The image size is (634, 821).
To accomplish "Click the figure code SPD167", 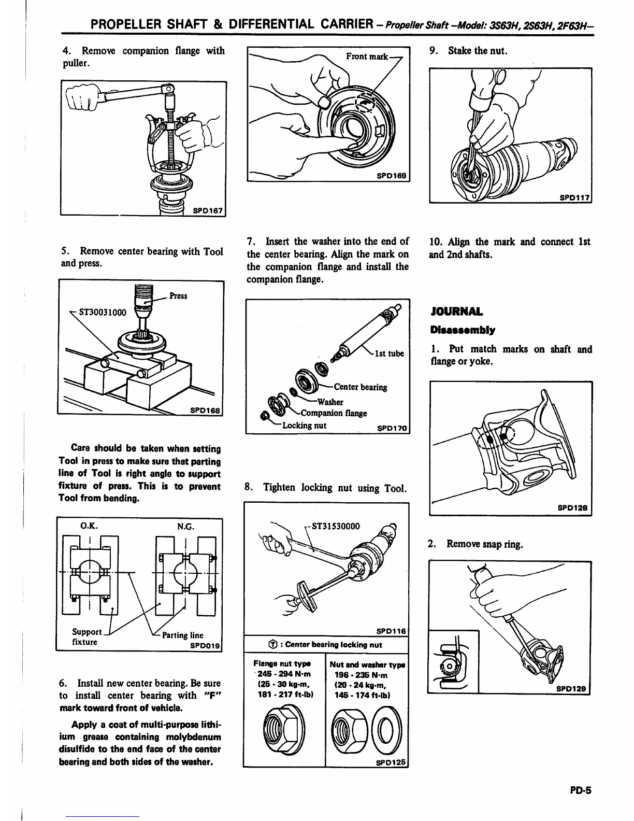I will [x=207, y=211].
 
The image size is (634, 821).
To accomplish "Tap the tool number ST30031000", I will [x=102, y=313].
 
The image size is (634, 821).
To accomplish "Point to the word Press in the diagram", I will [x=179, y=296].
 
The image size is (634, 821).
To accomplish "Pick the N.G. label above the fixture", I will [x=185, y=527].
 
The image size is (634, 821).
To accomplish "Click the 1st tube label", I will [x=389, y=353].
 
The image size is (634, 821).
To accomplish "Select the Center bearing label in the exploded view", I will [x=361, y=387].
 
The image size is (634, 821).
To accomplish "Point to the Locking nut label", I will [x=304, y=426].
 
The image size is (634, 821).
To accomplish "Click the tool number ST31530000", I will [x=335, y=526].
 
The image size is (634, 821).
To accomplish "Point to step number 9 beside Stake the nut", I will [x=434, y=51].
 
